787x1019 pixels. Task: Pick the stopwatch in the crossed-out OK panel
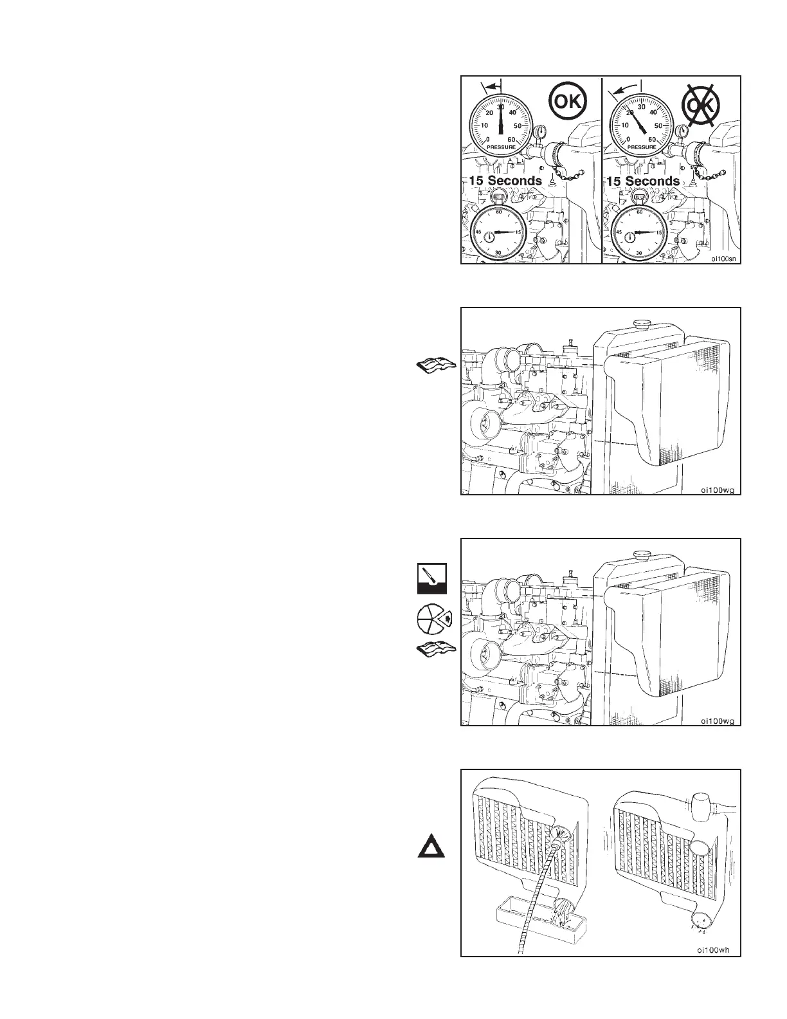pos(638,232)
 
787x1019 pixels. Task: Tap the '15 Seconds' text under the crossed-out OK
pos(643,181)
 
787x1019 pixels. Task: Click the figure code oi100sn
pos(723,259)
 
